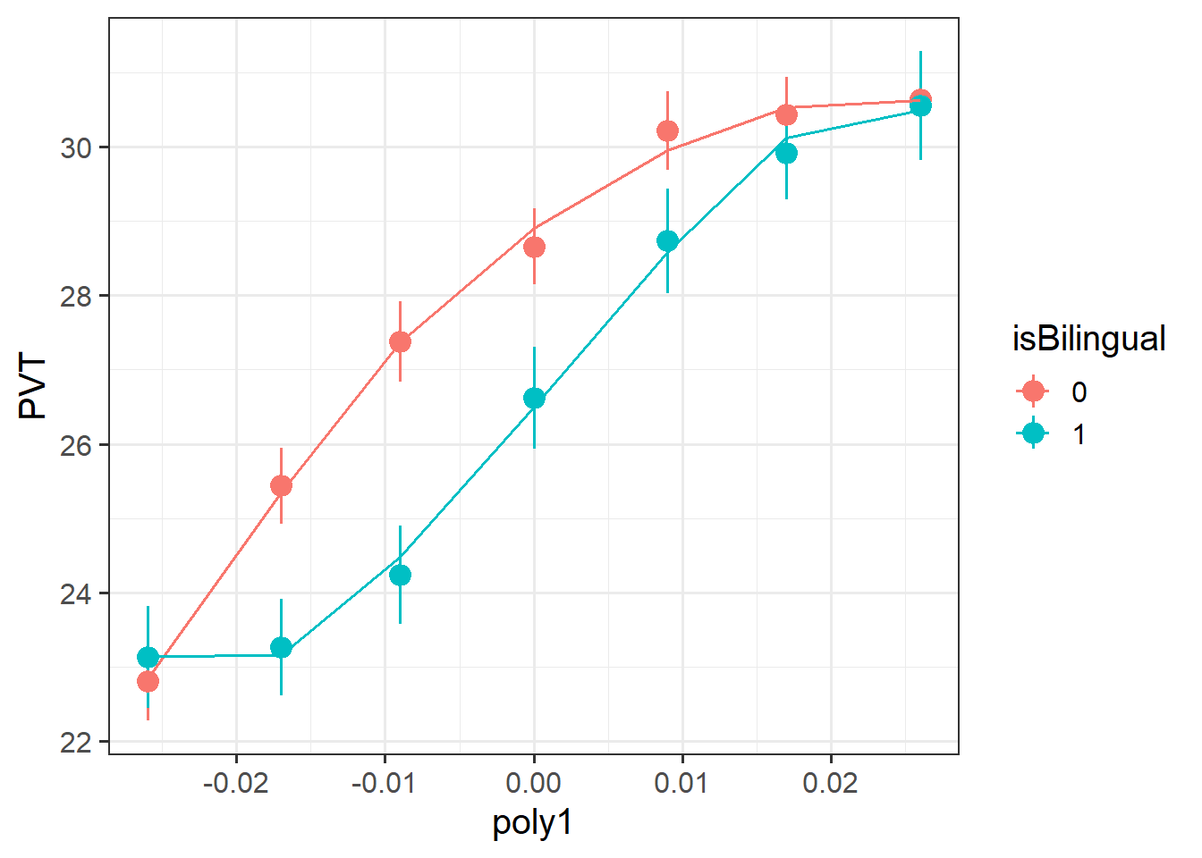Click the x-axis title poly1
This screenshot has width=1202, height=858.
point(532,822)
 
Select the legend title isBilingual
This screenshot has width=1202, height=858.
point(1088,340)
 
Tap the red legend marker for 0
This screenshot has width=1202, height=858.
point(1033,391)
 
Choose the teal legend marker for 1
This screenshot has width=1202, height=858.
point(1033,434)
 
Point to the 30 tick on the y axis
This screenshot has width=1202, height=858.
point(77,147)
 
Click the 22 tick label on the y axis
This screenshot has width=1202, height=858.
point(77,742)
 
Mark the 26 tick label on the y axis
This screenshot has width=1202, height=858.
point(77,445)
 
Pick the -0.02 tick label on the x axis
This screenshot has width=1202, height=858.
point(236,784)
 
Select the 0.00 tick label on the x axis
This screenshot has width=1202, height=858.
point(534,784)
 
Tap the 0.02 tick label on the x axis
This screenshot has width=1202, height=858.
point(831,784)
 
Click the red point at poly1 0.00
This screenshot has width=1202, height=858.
point(534,247)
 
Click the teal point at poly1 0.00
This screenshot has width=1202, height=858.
point(534,399)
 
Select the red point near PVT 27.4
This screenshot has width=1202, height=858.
point(400,342)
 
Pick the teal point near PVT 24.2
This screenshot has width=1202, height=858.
point(400,575)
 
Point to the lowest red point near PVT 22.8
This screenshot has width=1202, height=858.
point(148,682)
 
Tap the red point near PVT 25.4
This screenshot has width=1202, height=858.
point(281,486)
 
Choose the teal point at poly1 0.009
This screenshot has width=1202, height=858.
point(667,241)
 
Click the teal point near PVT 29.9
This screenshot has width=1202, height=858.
point(786,154)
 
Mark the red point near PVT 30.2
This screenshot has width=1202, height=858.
point(667,131)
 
